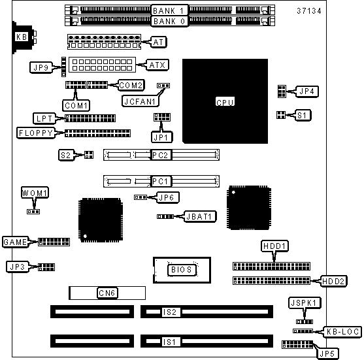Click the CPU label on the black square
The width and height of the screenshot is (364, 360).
(225, 102)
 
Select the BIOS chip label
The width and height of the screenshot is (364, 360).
(182, 270)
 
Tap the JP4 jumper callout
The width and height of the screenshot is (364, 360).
(307, 91)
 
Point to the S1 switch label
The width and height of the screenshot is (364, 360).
(303, 115)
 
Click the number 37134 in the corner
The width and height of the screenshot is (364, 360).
(309, 11)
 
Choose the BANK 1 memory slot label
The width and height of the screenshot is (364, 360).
(169, 10)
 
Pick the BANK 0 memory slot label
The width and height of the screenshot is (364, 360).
(169, 22)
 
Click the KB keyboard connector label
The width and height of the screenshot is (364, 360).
(22, 37)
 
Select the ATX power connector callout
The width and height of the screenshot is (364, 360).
(157, 65)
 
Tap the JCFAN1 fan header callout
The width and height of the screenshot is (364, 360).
(141, 101)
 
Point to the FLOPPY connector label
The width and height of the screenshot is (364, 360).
(36, 133)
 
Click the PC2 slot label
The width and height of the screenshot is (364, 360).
(161, 155)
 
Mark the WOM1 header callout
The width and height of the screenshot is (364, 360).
(35, 193)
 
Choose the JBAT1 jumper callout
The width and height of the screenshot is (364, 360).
(200, 216)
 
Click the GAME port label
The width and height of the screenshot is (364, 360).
(15, 242)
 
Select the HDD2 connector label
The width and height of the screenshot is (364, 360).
(333, 281)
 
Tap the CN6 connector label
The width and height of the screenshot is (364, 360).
(107, 293)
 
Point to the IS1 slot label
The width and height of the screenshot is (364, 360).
(170, 342)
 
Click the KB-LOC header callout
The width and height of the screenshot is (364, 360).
(342, 332)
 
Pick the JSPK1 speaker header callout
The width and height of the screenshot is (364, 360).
(305, 303)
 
